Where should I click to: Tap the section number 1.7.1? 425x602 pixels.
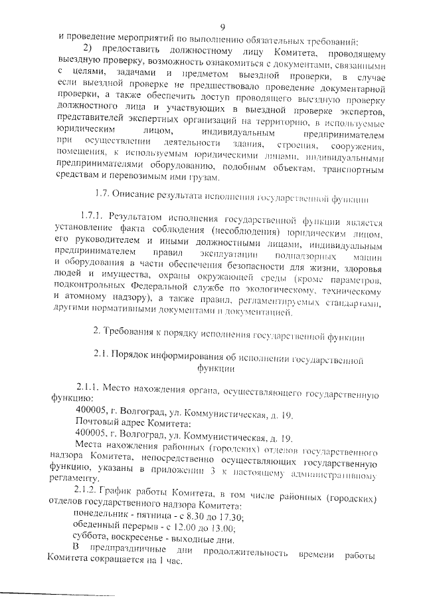tap(91, 216)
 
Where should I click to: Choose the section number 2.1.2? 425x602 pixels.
tap(90, 491)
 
